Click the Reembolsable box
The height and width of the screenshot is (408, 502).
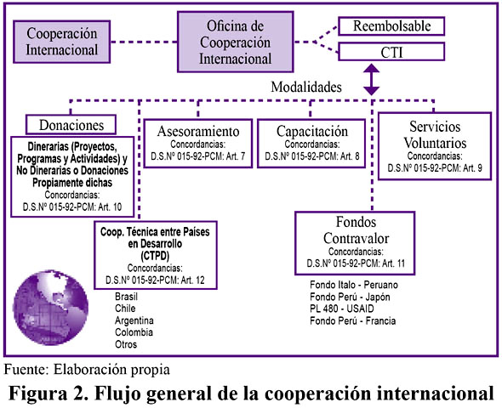[391, 25]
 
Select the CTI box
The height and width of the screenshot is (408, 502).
[391, 52]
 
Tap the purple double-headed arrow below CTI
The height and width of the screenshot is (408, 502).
[371, 79]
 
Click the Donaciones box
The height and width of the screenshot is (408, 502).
[71, 125]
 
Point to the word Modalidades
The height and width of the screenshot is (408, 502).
[306, 87]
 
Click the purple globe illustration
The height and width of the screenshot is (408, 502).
[50, 308]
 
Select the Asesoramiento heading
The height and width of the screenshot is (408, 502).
[198, 132]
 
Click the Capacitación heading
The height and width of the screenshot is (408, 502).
[311, 132]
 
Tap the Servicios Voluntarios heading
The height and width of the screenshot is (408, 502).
[435, 134]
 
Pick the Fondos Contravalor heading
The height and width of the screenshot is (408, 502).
[356, 230]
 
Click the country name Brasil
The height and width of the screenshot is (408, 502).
[126, 297]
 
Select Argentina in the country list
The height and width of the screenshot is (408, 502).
[134, 320]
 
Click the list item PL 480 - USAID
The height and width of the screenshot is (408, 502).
[341, 309]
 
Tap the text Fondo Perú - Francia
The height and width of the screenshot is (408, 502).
[352, 320]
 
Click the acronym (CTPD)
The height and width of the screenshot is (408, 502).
[155, 256]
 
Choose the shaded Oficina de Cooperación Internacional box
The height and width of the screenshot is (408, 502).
[236, 42]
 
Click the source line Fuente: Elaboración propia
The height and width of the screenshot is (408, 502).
[87, 370]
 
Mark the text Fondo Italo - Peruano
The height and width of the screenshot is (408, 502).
[354, 285]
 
